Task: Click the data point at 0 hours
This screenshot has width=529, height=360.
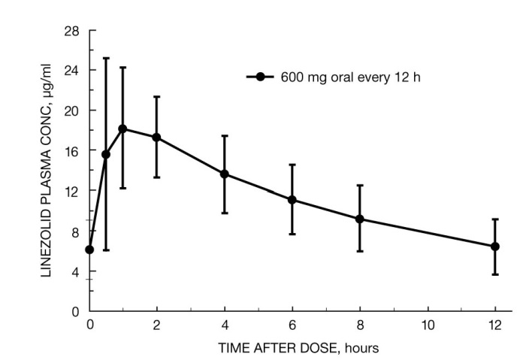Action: pyautogui.click(x=89, y=250)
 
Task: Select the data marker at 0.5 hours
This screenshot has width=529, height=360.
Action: pyautogui.click(x=106, y=154)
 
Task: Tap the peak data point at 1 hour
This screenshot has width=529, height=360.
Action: pyautogui.click(x=122, y=129)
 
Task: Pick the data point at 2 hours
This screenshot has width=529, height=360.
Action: pyautogui.click(x=156, y=137)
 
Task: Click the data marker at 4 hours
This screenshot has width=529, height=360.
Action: pyautogui.click(x=224, y=174)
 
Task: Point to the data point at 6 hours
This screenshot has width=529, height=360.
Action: pyautogui.click(x=292, y=199)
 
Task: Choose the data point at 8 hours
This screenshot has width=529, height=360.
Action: pyautogui.click(x=360, y=219)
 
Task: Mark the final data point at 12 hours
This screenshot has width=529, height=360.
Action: pyautogui.click(x=495, y=246)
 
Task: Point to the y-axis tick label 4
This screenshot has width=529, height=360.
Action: pyautogui.click(x=76, y=271)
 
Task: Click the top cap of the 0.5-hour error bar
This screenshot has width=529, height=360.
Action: pyautogui.click(x=106, y=58)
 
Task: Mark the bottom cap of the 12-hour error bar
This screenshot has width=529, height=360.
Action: pyautogui.click(x=495, y=274)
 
